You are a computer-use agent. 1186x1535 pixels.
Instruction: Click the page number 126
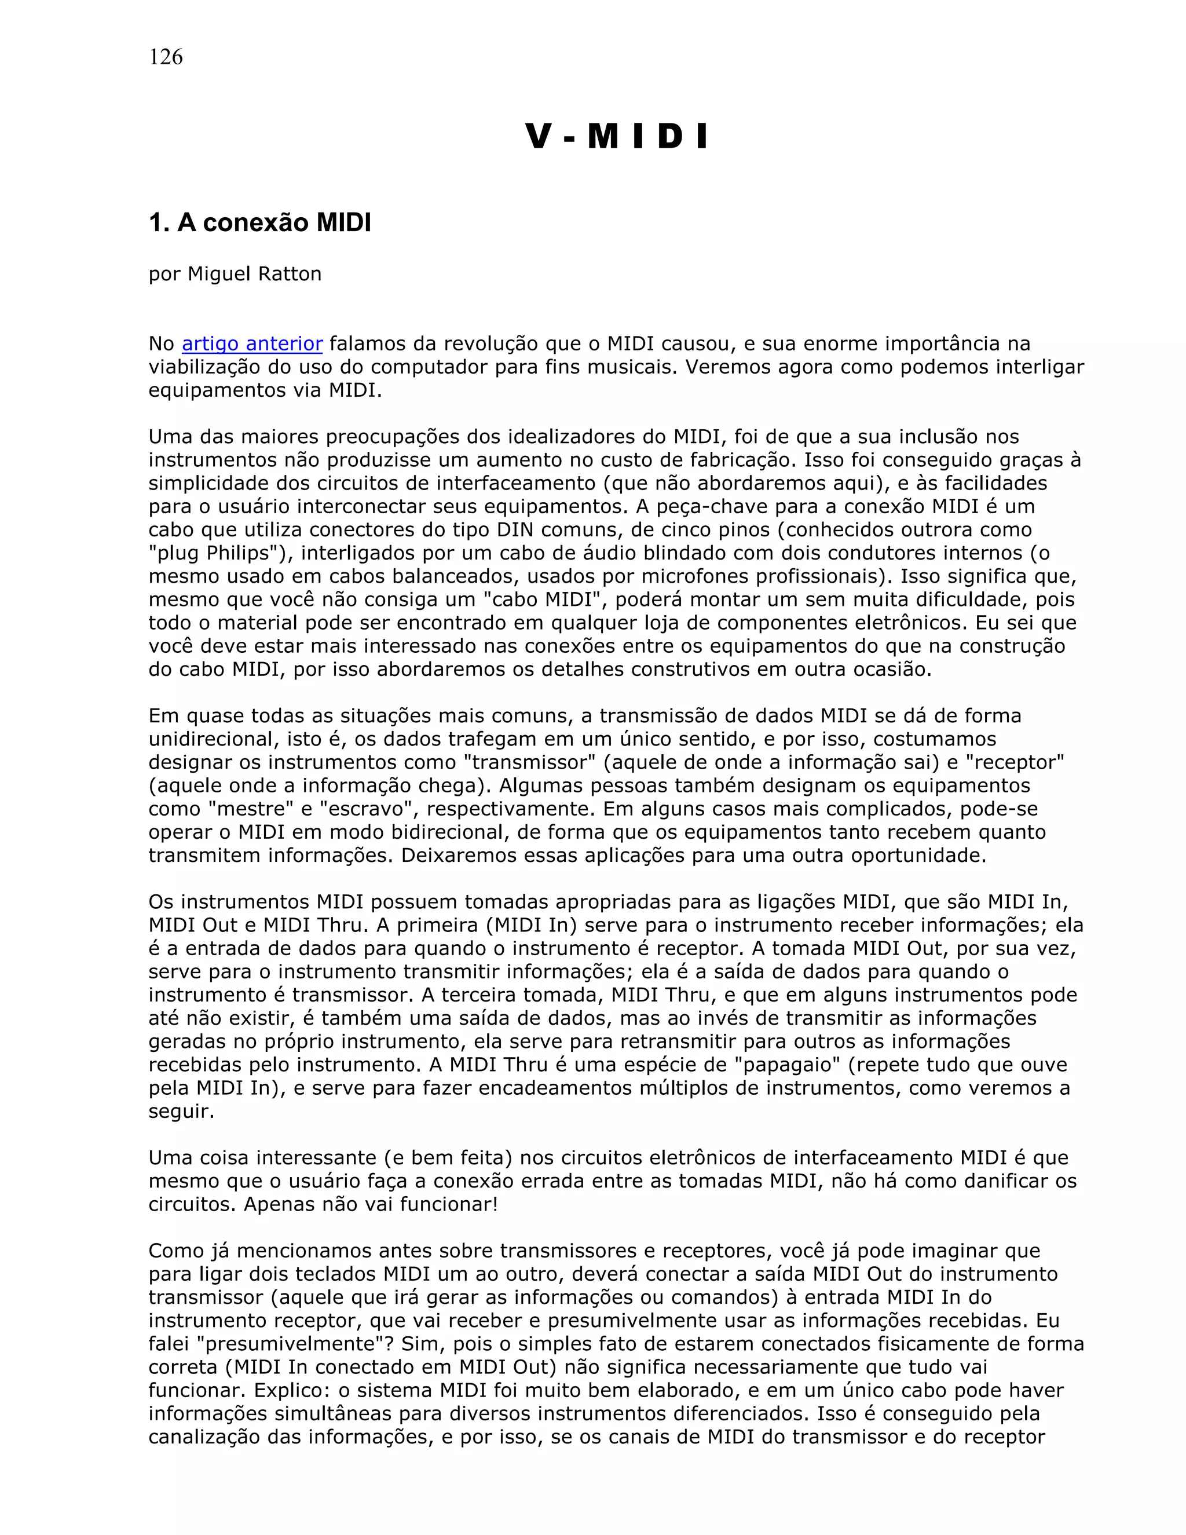(166, 57)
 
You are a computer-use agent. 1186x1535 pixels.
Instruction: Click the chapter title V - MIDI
(617, 136)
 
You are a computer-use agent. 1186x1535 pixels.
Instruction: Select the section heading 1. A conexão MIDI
(259, 223)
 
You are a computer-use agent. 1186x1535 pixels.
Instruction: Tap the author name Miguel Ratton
(254, 273)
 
